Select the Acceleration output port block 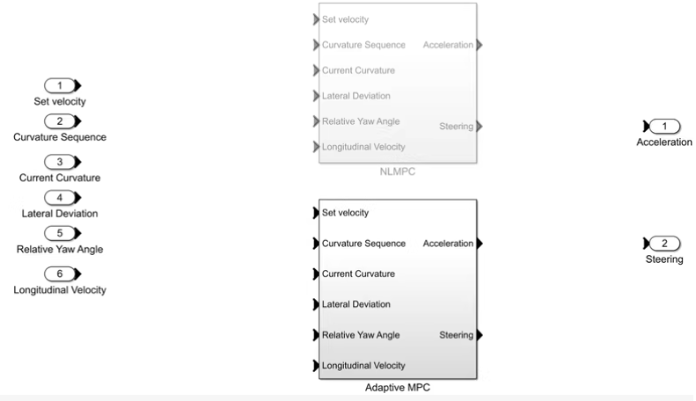[x=665, y=126]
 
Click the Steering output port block [x=665, y=243]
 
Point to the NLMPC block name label [x=397, y=172]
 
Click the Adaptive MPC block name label [x=397, y=387]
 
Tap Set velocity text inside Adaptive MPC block [x=346, y=212]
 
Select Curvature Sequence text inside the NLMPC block [x=363, y=45]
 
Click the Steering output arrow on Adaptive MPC [x=480, y=334]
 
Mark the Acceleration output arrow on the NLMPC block [x=480, y=45]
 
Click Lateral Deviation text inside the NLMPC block [x=356, y=96]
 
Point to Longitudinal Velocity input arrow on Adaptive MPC [x=316, y=366]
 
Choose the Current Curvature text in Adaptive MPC [x=358, y=273]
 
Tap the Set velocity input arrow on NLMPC [x=316, y=19]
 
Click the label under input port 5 [x=60, y=249]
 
